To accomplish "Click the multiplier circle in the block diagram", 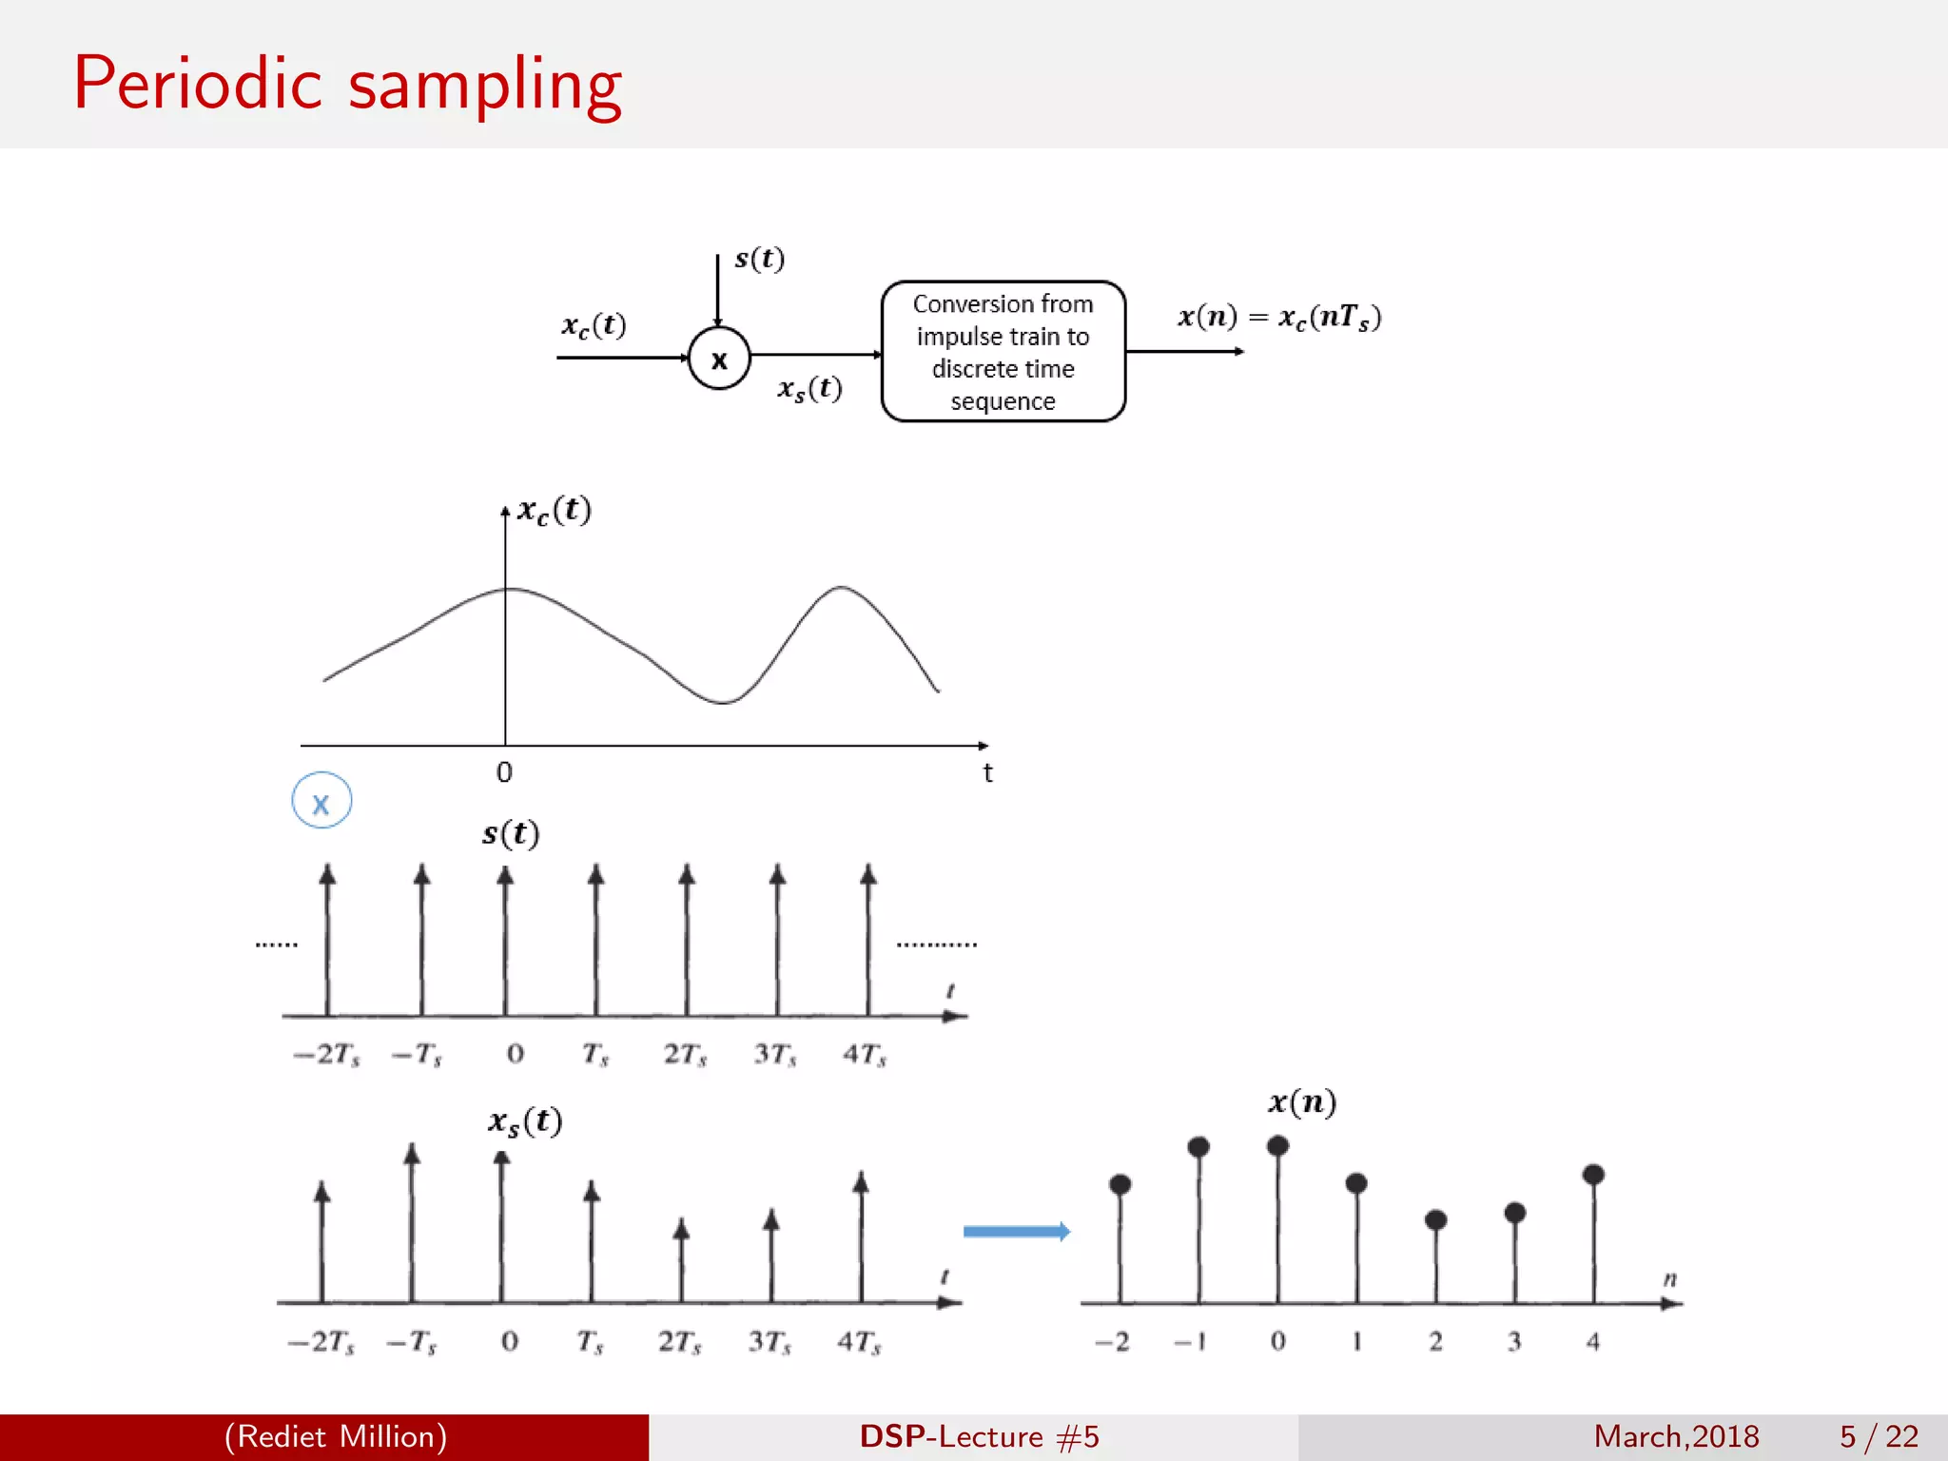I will [x=719, y=359].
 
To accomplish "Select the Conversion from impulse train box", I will [x=1003, y=351].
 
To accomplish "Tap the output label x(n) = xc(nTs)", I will [x=1278, y=317].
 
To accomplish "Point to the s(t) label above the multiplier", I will [x=759, y=259].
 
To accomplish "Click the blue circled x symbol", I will [x=321, y=801].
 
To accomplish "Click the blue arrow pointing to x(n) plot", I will [x=1016, y=1232].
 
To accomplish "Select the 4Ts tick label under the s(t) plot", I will [x=864, y=1054].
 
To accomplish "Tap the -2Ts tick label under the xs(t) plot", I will [x=321, y=1342].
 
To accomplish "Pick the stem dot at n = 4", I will [x=1593, y=1175].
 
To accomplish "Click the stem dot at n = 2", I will [x=1435, y=1219].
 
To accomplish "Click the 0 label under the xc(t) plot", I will [x=504, y=772].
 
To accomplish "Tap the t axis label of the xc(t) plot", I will [x=987, y=772].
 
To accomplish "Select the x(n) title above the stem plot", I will [x=1302, y=1101].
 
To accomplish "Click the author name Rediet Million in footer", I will [x=336, y=1436].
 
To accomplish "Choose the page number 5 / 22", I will [x=1879, y=1436].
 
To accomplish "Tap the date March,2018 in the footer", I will [x=1676, y=1436].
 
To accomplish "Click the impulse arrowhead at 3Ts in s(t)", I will [x=777, y=874].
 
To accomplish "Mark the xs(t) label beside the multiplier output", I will [x=809, y=388].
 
